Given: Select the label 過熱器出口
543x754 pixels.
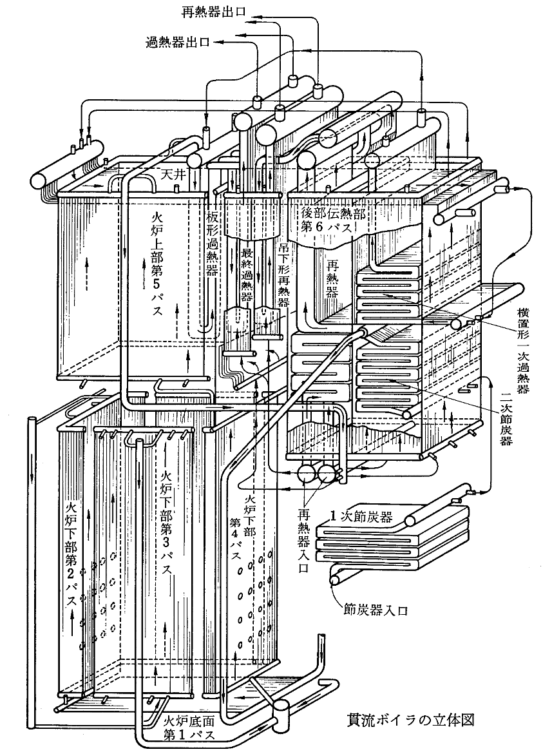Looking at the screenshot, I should point(178,43).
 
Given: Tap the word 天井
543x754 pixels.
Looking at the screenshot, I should point(173,175).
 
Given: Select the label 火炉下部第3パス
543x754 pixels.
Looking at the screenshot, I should point(165,522).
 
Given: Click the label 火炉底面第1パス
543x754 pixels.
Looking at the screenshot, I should point(186,726).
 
